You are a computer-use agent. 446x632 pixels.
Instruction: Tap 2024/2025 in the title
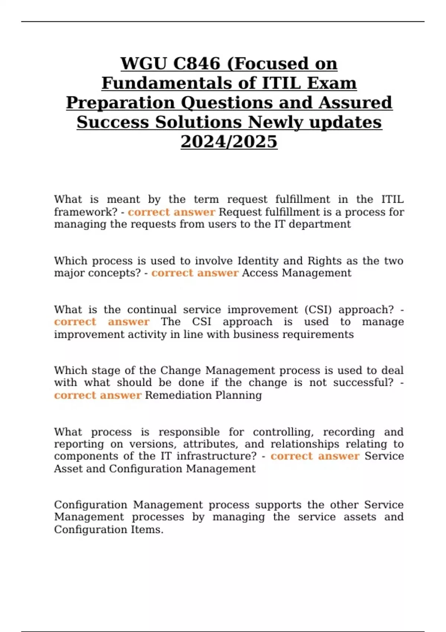coord(229,142)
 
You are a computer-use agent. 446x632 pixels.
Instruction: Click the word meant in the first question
coord(123,200)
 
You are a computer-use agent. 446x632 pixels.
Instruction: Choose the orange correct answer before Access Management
coord(195,273)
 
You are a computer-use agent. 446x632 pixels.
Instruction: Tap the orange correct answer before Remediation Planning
coord(97,395)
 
